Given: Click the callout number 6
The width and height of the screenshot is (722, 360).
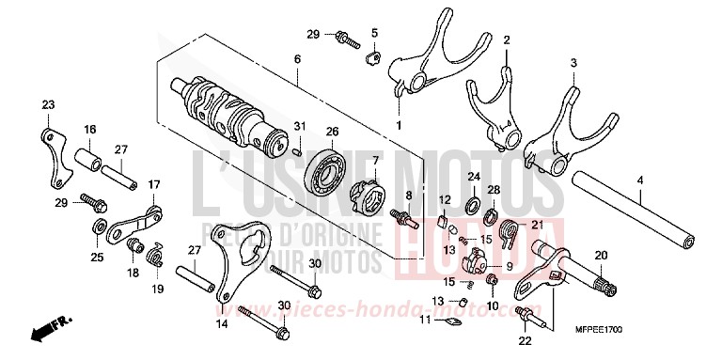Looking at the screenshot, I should coord(297,59).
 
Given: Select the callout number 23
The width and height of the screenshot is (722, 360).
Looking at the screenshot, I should coord(49,104).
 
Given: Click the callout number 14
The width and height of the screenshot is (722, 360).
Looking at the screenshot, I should coord(222,323).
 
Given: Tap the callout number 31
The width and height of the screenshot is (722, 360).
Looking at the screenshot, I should coord(299,126).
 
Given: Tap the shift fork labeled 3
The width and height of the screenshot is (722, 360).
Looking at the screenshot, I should coord(554,132).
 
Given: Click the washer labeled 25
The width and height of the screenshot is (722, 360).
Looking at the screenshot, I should coord(99,227).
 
